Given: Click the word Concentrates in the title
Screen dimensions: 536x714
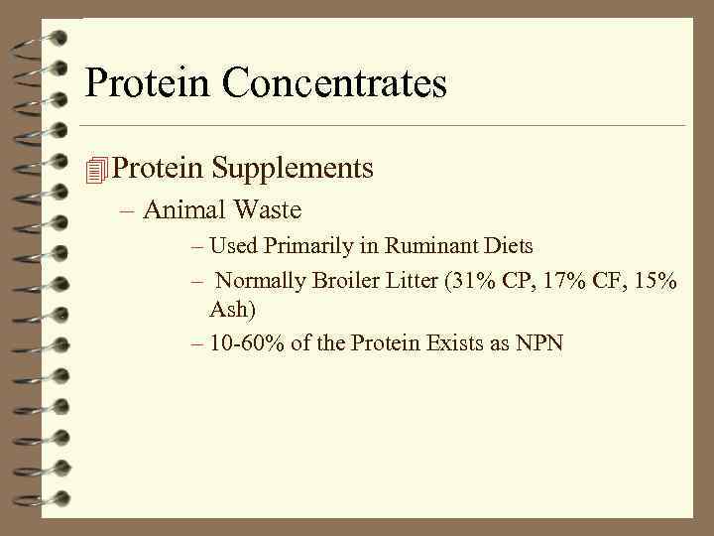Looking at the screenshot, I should (334, 83).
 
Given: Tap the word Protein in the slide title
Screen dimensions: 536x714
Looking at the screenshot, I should (148, 83).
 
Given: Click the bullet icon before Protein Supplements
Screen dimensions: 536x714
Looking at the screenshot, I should (95, 170).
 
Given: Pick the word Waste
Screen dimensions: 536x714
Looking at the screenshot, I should (268, 210).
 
